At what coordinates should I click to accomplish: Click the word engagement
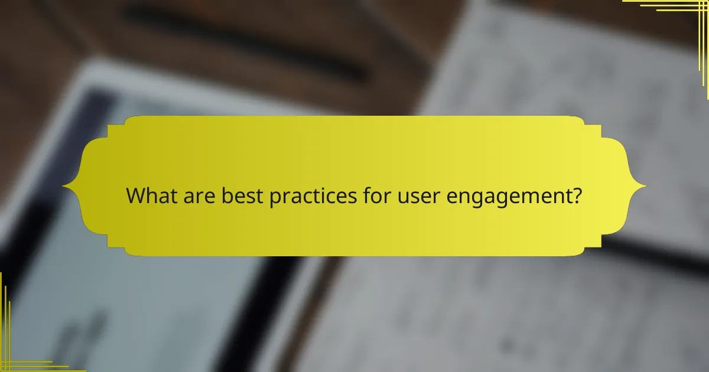(508, 197)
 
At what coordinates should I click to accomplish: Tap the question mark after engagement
(575, 195)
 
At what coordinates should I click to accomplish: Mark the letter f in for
(366, 195)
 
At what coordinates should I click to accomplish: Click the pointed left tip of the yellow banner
(64, 187)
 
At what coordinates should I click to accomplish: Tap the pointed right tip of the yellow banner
(645, 187)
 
